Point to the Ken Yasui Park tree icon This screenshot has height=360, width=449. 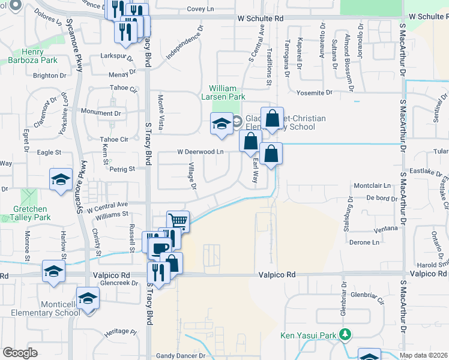(345, 334)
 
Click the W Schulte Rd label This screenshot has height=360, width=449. (259, 19)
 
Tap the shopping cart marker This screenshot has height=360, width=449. (178, 221)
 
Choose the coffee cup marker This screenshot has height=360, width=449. (159, 248)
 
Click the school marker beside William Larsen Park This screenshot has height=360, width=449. (221, 124)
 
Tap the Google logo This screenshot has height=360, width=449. (20, 353)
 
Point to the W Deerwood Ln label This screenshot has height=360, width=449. (200, 152)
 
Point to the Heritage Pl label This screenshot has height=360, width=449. (120, 331)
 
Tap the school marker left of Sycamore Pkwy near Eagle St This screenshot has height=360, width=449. (61, 179)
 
